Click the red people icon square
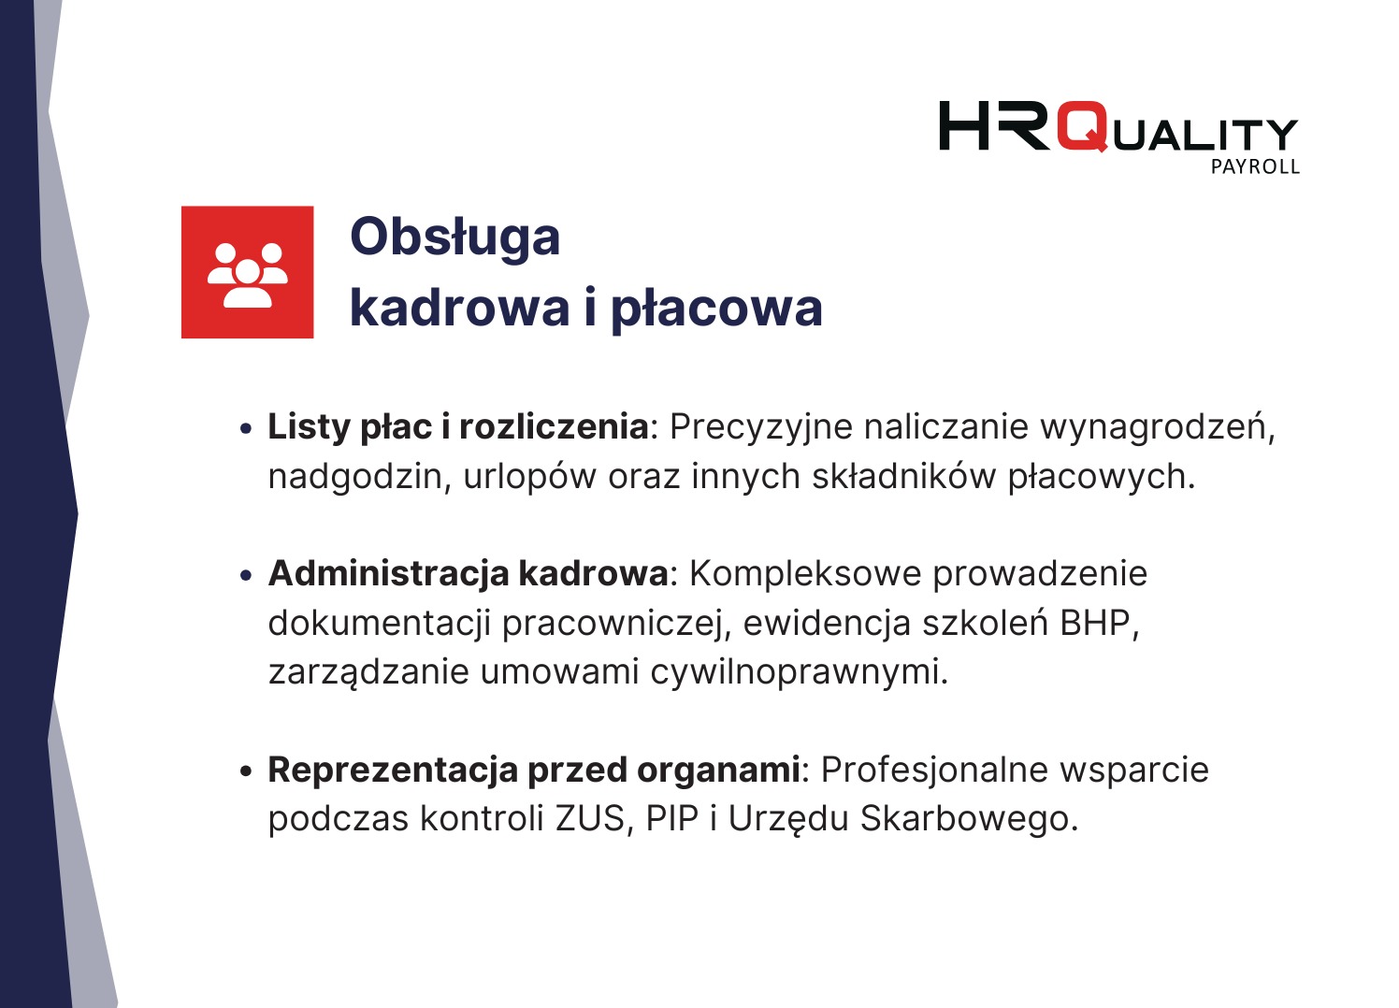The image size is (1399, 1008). [247, 272]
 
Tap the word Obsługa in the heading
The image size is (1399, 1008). [454, 238]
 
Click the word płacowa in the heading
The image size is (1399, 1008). [716, 309]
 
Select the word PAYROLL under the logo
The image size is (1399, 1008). [1255, 167]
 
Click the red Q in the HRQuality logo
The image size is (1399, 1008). [1083, 127]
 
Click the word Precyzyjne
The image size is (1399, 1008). [761, 427]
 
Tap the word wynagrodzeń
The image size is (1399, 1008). [1157, 427]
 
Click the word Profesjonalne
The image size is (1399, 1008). [936, 770]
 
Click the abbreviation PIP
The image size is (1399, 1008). [672, 818]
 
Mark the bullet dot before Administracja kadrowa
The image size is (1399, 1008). [246, 575]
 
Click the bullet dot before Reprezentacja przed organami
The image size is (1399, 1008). [246, 771]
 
